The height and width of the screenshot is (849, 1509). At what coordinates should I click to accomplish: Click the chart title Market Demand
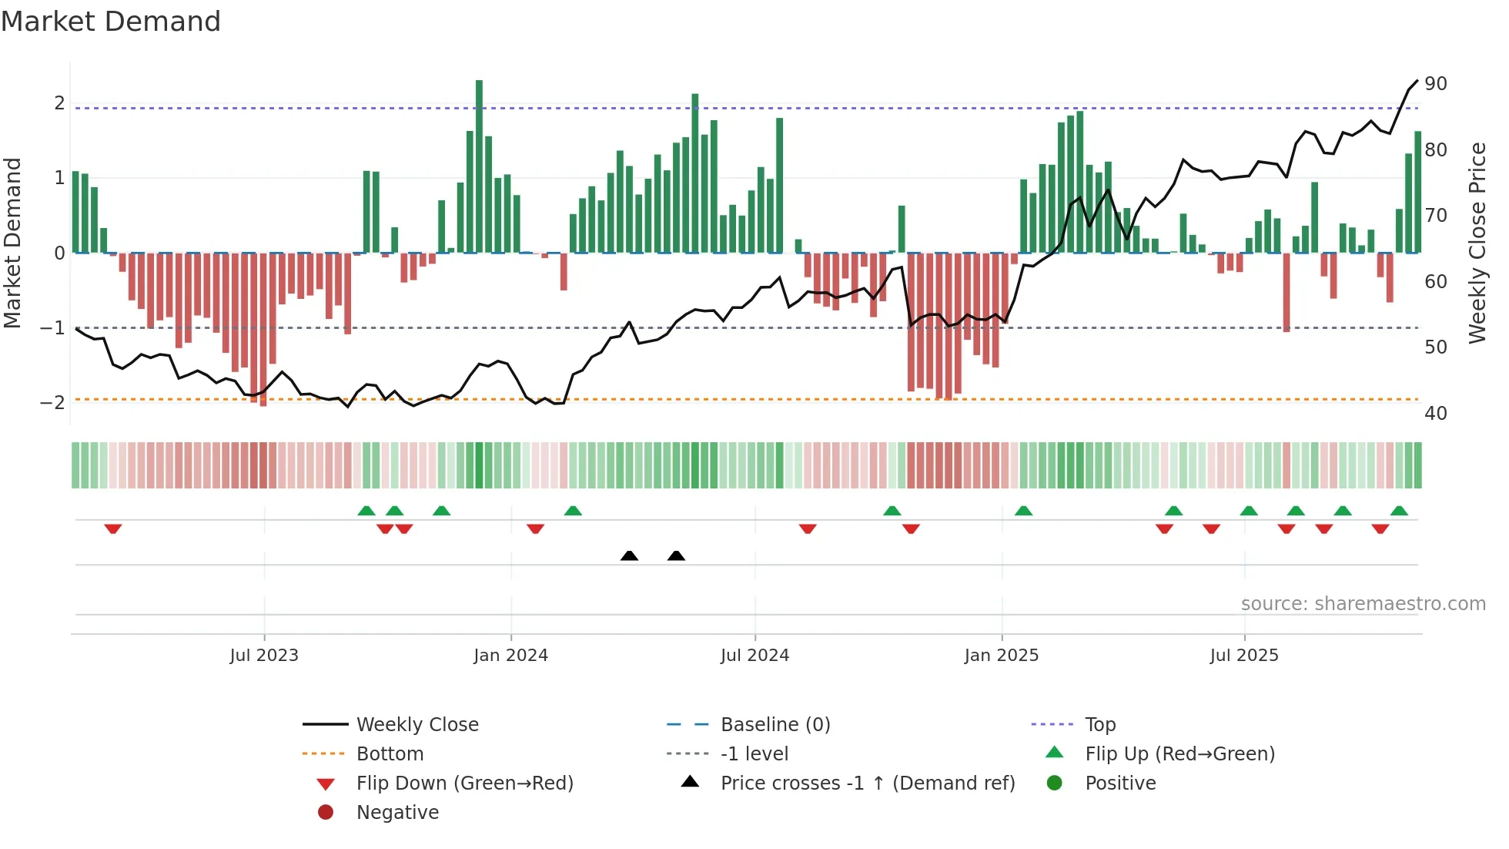[x=111, y=22]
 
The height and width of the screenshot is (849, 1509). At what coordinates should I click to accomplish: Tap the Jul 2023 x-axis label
[x=263, y=656]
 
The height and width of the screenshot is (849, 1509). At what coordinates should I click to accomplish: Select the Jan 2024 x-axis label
[x=510, y=656]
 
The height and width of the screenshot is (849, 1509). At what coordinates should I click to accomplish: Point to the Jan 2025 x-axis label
[x=1001, y=656]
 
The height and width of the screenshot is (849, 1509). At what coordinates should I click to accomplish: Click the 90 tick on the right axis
[x=1435, y=84]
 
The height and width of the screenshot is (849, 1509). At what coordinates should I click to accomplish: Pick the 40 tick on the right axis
[x=1435, y=414]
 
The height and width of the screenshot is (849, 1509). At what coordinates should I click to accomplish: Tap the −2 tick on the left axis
[x=52, y=402]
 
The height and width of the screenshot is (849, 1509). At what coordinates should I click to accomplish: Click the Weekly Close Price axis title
[x=1477, y=243]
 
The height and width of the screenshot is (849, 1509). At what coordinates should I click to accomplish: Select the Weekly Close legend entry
[x=417, y=725]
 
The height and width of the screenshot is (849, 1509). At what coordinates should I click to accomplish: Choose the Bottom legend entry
[x=390, y=754]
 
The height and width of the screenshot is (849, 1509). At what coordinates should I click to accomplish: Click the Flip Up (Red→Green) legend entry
[x=1179, y=754]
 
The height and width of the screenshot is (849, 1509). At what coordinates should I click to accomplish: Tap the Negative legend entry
[x=397, y=813]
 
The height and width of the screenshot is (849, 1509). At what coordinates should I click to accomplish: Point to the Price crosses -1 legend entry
[x=867, y=784]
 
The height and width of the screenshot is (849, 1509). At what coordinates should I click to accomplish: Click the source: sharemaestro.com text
[x=1363, y=604]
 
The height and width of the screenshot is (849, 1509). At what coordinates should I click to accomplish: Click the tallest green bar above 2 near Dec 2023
[x=479, y=166]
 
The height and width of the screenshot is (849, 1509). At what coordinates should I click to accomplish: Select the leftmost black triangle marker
[x=629, y=556]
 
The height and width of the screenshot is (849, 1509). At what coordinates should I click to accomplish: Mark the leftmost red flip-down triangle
[x=113, y=529]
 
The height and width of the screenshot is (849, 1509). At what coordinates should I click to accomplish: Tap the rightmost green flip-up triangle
[x=1399, y=511]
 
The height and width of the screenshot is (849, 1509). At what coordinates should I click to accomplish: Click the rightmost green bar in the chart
[x=1417, y=192]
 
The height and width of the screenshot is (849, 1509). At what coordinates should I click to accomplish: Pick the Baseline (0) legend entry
[x=775, y=725]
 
